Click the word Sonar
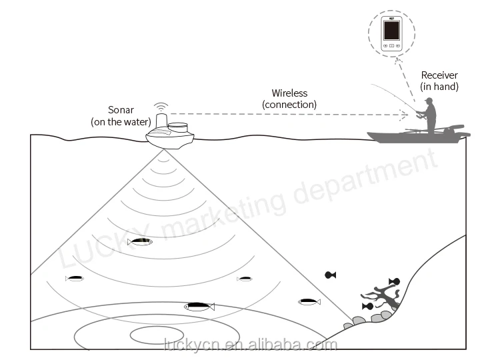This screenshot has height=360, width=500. pos(121,110)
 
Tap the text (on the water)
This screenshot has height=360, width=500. pos(121,121)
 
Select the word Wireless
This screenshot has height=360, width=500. pos(289,93)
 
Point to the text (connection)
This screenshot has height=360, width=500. pos(289,104)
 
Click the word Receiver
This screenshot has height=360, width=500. pos(439,75)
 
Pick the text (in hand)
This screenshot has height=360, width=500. pos(439,87)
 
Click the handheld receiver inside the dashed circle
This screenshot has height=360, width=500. pos(391,35)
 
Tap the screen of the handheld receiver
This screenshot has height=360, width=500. pos(391,31)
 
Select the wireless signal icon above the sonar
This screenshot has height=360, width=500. pos(160,107)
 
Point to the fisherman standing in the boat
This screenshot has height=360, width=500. pos(429,116)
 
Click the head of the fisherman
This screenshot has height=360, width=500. pos(429,101)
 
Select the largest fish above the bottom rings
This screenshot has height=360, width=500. pos(199,307)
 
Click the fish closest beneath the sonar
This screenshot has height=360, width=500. pos(140,241)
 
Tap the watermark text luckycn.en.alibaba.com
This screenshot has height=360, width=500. pos(250,345)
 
